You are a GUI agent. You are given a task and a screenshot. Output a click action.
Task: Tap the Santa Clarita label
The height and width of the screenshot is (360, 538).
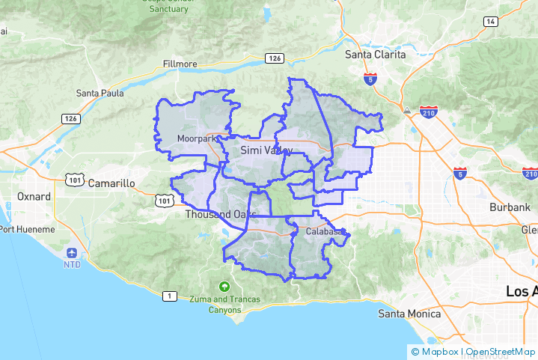tap(375, 55)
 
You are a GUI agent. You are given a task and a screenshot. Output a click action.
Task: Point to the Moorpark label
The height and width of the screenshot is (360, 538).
tap(198, 138)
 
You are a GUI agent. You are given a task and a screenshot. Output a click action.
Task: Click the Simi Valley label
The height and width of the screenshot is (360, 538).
tap(266, 150)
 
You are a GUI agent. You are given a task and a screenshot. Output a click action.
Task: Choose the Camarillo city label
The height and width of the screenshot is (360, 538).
tap(111, 183)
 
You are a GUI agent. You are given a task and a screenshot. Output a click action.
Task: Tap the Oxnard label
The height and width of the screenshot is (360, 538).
tap(34, 197)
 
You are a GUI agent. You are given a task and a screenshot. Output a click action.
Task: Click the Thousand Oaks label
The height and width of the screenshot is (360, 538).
tap(221, 215)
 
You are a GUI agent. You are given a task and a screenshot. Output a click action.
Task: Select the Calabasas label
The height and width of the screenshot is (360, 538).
tap(322, 231)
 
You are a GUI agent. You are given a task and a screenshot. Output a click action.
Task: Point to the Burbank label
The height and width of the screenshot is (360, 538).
tap(509, 206)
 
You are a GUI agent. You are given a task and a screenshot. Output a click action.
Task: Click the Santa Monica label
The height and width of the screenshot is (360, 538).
tap(409, 314)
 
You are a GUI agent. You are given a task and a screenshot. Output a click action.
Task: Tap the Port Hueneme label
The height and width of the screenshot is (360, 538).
tap(28, 229)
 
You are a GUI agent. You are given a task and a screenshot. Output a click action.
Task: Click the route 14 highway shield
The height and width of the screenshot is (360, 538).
tap(491, 21)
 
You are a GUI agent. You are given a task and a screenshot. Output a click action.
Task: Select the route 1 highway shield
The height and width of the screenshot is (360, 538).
tap(170, 296)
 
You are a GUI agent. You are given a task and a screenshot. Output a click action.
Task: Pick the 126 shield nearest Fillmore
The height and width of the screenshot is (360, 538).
tap(274, 58)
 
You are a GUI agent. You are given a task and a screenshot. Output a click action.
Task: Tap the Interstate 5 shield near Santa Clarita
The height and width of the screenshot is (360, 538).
tap(372, 79)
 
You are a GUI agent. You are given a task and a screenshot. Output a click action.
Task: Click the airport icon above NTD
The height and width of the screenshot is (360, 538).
tap(72, 253)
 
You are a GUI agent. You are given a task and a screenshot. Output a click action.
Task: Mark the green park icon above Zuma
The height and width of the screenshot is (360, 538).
tap(224, 287)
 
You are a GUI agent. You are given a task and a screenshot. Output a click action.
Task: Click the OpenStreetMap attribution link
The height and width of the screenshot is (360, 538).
tap(501, 351)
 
